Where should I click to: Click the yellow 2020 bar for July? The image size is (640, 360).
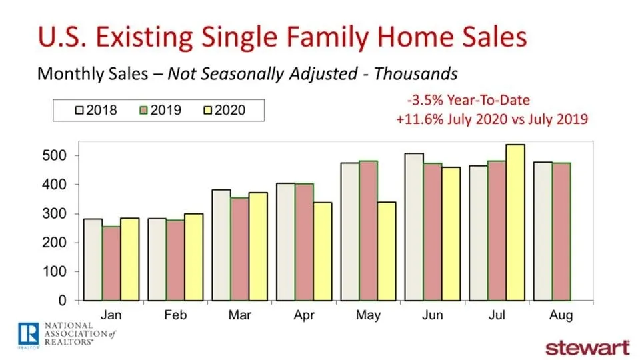click(x=515, y=223)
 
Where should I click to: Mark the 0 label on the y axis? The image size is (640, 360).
click(x=63, y=301)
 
